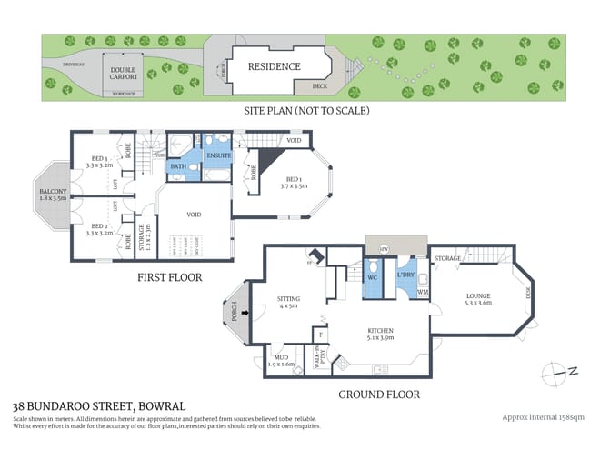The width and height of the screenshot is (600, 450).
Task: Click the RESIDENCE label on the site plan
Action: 275,66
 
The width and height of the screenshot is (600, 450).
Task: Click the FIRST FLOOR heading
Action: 169,277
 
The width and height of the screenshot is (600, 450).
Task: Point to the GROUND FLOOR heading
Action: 378,395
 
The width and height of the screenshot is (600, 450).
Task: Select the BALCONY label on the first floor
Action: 49,193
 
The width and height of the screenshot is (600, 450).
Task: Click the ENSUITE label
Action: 219,155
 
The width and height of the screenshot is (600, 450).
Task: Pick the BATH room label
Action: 178,166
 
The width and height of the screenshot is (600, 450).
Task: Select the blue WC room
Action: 372,276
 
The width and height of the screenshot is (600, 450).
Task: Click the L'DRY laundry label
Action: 406,274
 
